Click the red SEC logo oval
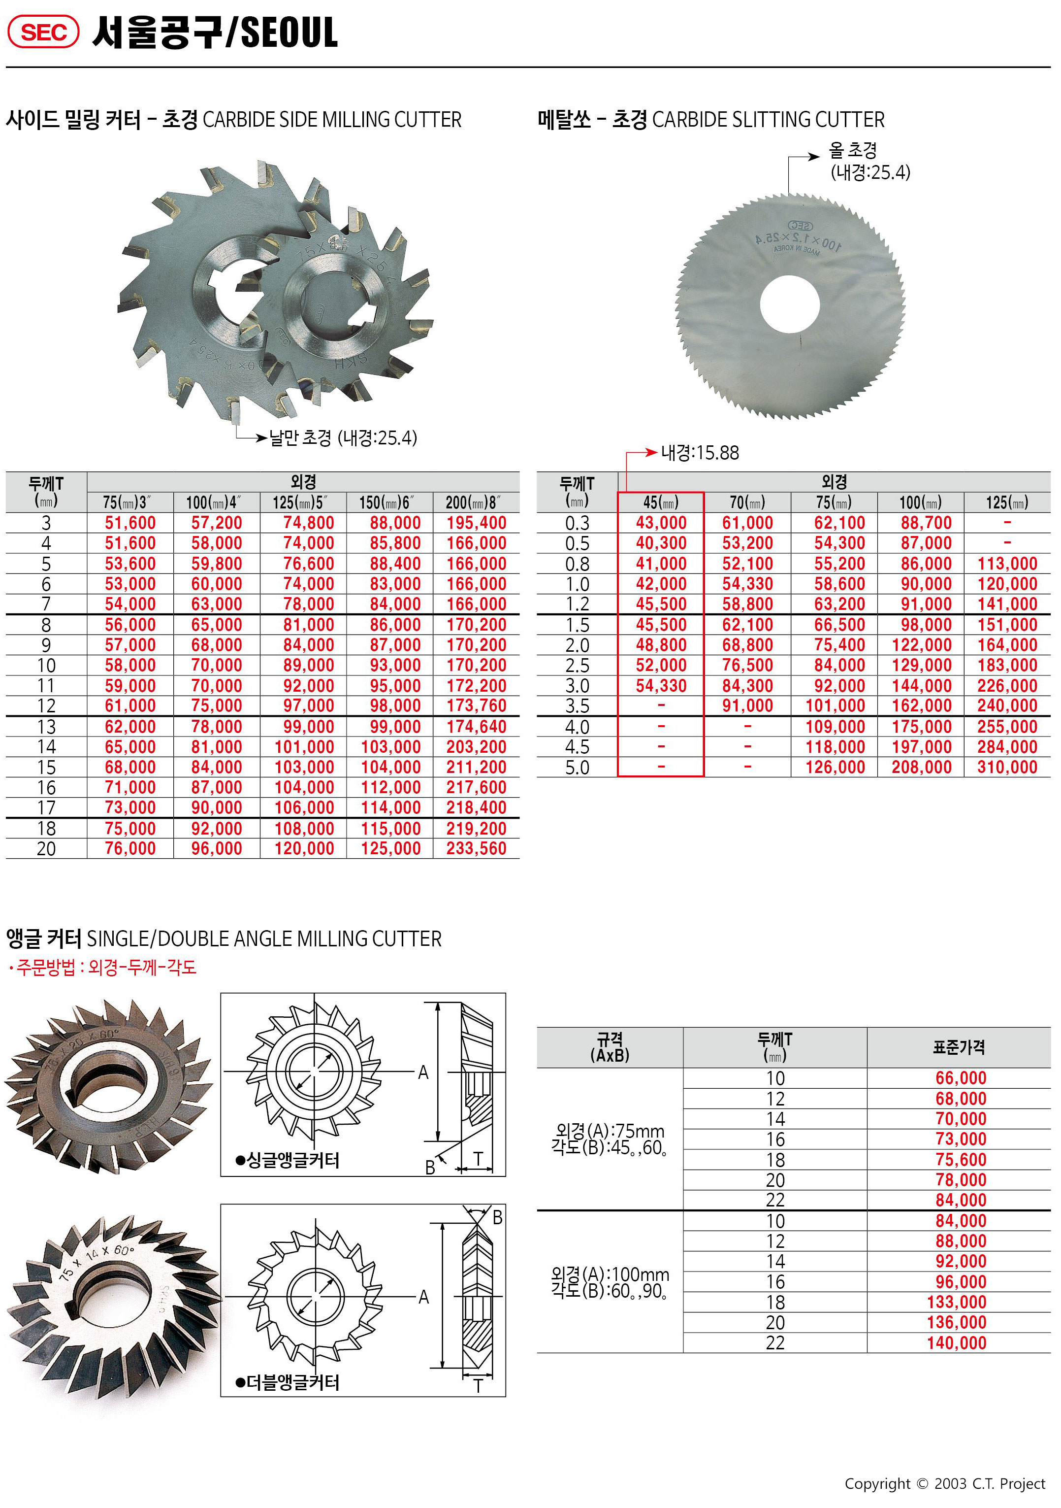point(43,32)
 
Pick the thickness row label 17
point(46,808)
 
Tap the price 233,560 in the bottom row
point(476,848)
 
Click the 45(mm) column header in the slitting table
point(661,503)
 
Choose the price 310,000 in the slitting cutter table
point(1007,767)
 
